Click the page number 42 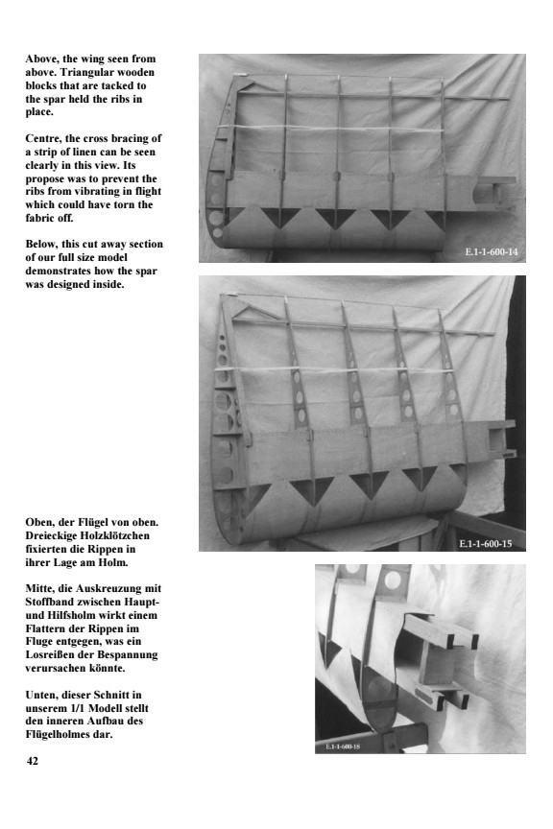pos(32,761)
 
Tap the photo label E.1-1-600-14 pos(491,252)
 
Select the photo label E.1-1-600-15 pos(485,543)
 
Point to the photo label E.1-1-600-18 pos(343,746)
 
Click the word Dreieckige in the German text pos(49,535)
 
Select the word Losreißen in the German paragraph pos(47,655)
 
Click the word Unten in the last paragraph pos(40,695)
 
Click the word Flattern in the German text pos(44,628)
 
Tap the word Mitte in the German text pos(39,588)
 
